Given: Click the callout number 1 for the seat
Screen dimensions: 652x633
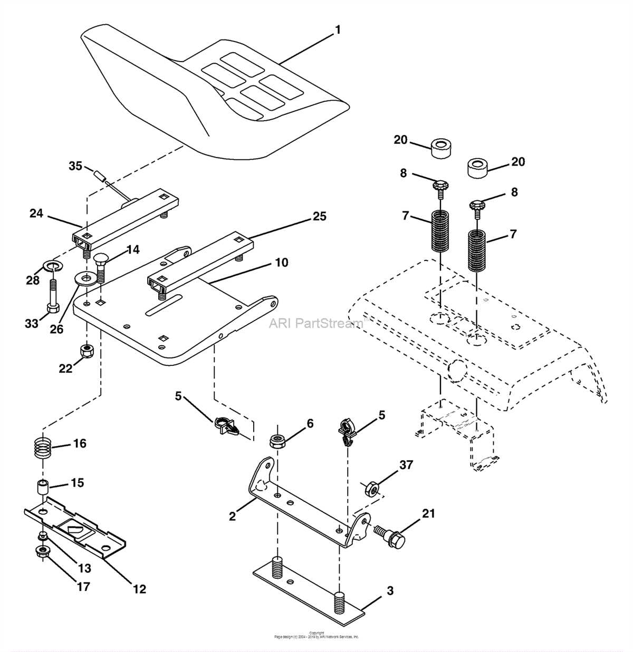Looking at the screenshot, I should pyautogui.click(x=338, y=30).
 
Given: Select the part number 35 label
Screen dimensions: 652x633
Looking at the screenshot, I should pyautogui.click(x=75, y=166).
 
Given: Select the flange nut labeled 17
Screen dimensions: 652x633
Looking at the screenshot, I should pyautogui.click(x=42, y=552).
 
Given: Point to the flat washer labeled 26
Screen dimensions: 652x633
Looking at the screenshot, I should pyautogui.click(x=83, y=278).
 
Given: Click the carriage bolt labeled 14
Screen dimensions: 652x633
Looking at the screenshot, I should pyautogui.click(x=101, y=266).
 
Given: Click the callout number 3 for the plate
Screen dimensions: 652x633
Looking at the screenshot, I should pyautogui.click(x=390, y=591).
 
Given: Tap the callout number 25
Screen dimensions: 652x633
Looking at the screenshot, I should pyautogui.click(x=320, y=216).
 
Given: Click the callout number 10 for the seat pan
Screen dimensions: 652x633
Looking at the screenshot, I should pyautogui.click(x=282, y=262).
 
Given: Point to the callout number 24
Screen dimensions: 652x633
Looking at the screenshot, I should pyautogui.click(x=36, y=213).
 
